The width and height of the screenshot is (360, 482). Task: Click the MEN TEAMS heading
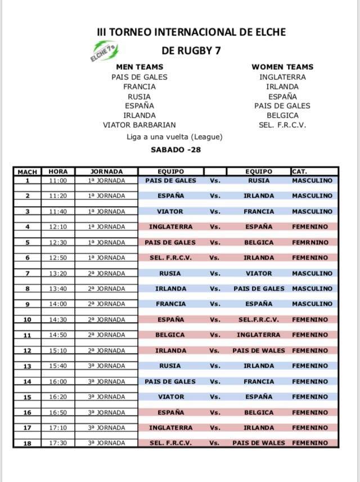pos(139,66)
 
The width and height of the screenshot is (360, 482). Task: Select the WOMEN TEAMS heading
pos(282,66)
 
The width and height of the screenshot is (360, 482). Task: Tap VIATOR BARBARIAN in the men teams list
pos(139,125)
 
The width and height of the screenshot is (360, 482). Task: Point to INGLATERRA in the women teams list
pos(282,77)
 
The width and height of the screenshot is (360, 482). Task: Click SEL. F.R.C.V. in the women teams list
pos(282,125)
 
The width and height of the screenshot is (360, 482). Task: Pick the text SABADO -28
pos(176,150)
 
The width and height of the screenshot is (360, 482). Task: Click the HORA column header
pos(58,171)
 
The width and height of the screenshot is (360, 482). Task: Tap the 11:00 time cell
pos(58,181)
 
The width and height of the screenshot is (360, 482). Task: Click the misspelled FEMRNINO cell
pos(312,243)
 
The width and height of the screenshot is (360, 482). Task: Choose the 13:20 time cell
pos(58,274)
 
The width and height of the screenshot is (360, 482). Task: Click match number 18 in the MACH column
pos(27,443)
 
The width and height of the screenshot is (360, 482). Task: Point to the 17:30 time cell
pos(58,443)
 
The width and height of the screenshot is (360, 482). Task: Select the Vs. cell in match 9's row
pos(214,304)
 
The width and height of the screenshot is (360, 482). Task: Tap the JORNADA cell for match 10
pos(106,320)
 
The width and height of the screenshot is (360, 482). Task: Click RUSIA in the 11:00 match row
pos(259,181)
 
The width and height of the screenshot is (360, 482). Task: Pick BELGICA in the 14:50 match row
pos(170,335)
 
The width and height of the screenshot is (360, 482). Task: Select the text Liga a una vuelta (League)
pos(174,137)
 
